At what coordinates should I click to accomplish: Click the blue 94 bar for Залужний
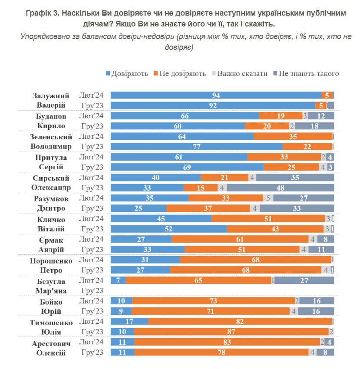216,95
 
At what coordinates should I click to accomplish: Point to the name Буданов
50,116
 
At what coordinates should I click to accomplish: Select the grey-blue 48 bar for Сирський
280,188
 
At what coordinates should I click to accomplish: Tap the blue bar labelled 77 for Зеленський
197,147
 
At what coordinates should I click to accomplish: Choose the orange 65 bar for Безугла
198,280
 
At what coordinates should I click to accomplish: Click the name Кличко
50,219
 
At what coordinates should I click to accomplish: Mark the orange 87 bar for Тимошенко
231,332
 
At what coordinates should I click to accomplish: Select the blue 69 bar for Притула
187,167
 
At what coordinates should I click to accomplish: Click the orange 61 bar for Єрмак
240,239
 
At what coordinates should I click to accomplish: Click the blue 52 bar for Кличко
168,229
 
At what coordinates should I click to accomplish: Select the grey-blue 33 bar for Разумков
297,208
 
